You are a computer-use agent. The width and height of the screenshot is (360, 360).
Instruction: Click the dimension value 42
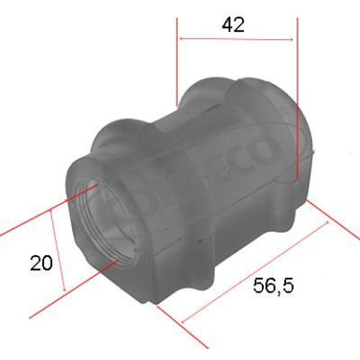pos(233,24)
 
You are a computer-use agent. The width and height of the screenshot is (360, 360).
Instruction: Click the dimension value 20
pos(40,265)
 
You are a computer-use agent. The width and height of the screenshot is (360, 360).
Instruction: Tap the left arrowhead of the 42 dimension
pos(181,40)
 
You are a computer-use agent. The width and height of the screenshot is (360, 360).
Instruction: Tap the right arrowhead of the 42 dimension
pos(295,40)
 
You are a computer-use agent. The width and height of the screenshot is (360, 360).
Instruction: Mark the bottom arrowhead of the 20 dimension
pos(63,287)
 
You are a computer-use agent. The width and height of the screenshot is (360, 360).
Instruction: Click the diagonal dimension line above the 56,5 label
pos(257,271)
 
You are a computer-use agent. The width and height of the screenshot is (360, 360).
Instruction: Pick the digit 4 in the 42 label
pos(226,24)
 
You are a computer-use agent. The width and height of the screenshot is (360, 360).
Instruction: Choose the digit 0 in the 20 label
pos(47,265)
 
